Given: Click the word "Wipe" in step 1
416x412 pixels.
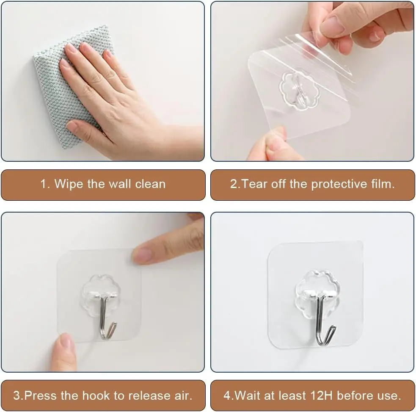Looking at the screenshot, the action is [69, 184].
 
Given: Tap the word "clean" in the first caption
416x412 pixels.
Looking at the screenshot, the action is [150, 184].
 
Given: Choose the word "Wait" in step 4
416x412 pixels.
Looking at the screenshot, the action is [247, 395].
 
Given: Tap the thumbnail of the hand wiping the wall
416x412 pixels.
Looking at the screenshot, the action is [103, 81].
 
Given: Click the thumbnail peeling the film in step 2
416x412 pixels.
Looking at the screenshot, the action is [312, 81].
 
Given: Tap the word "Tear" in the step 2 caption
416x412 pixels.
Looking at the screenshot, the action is [254, 184].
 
